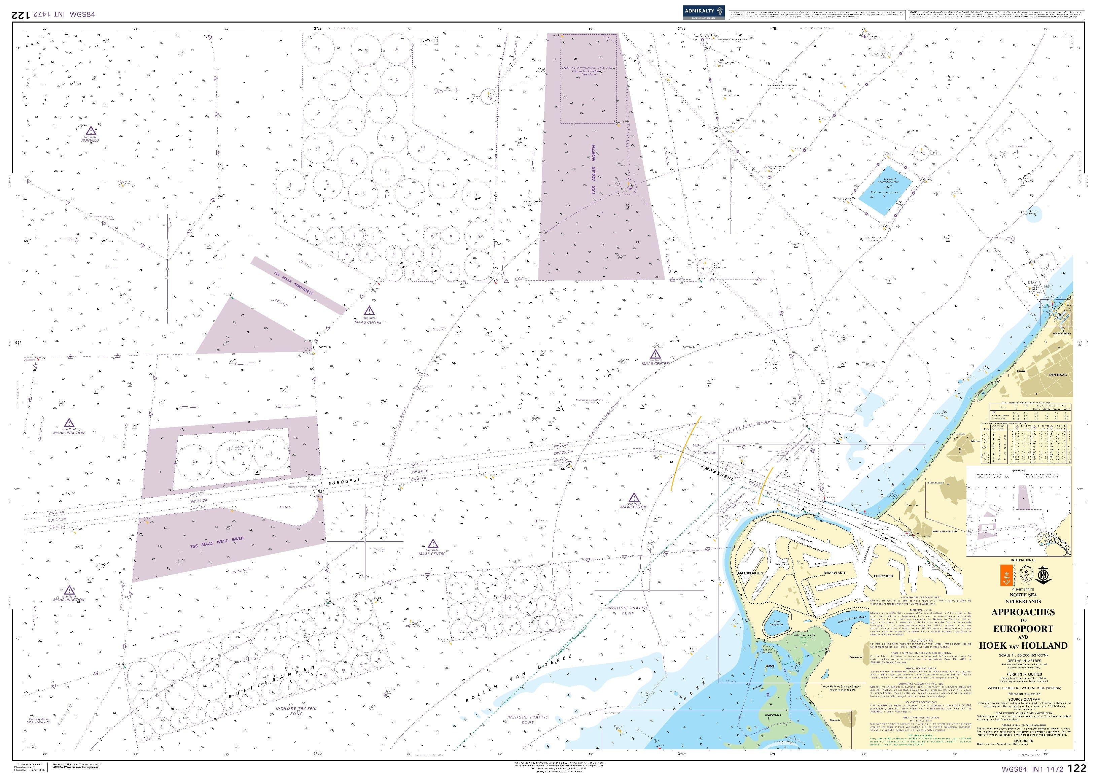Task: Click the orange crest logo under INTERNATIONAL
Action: [x=1006, y=577]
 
